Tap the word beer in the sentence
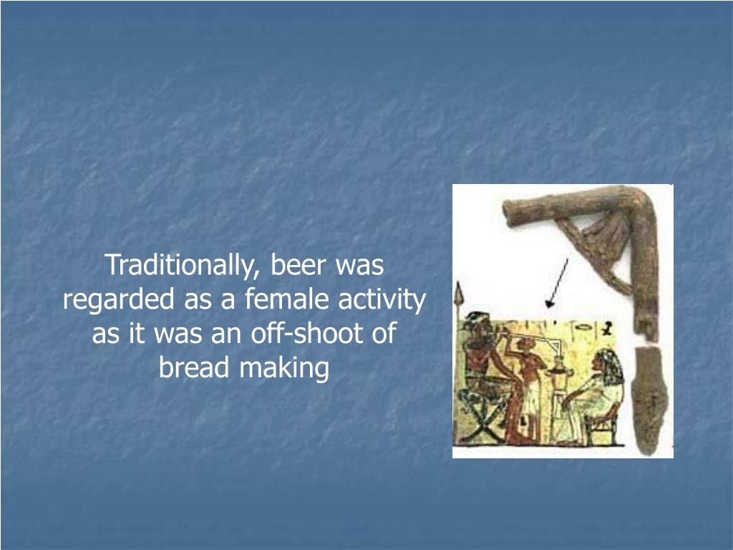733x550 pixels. click(301, 266)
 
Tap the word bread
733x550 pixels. click(195, 368)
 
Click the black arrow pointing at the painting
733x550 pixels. click(557, 282)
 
